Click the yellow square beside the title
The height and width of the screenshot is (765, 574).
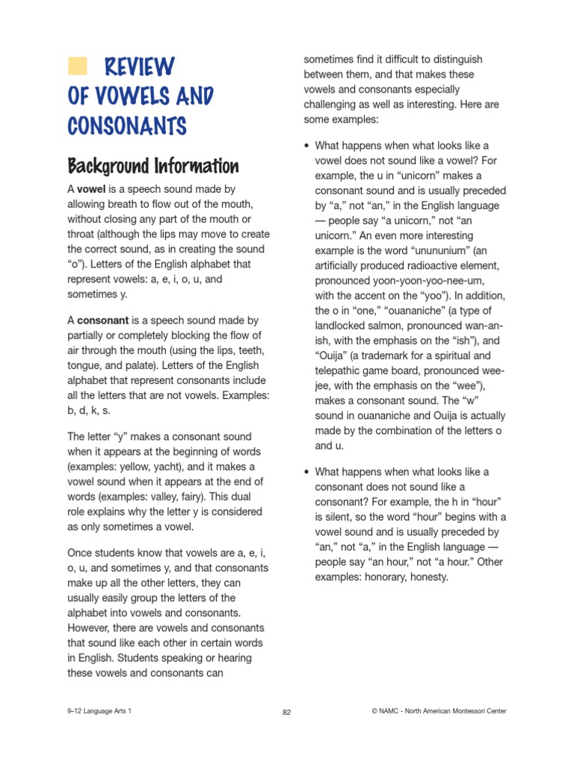(76, 66)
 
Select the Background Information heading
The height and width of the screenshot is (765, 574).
(153, 166)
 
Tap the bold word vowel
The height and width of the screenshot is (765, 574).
(91, 190)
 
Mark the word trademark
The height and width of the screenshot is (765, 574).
(395, 354)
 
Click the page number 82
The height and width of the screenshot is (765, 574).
(286, 712)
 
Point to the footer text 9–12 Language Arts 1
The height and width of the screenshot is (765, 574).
(99, 711)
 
